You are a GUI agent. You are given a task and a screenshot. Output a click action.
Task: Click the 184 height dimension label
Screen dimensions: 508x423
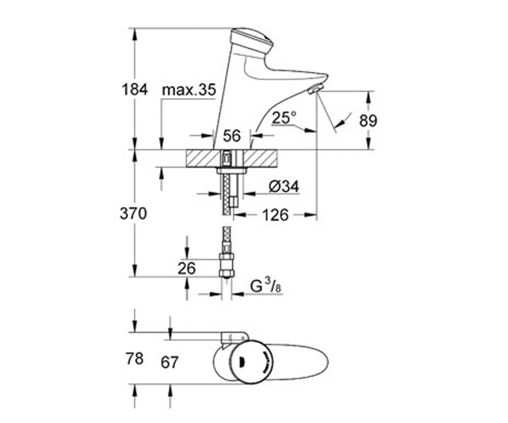[x=135, y=89]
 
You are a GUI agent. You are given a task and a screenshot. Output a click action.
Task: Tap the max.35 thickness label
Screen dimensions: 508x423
[x=189, y=89]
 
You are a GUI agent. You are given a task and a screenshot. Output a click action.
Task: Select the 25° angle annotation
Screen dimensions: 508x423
[x=284, y=118]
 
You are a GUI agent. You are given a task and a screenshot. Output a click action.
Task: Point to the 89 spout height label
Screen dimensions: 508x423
[x=368, y=121]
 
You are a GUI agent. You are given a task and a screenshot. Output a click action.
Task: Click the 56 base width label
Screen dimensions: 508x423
[x=232, y=136]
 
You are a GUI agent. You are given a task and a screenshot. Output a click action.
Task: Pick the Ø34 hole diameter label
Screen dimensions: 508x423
[x=284, y=187]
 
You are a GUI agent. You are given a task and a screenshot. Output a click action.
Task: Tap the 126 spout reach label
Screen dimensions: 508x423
[x=275, y=215]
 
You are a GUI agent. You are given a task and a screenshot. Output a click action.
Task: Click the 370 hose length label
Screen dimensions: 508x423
[x=133, y=214]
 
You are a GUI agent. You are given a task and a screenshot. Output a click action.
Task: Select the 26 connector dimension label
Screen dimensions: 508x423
[x=187, y=268]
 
